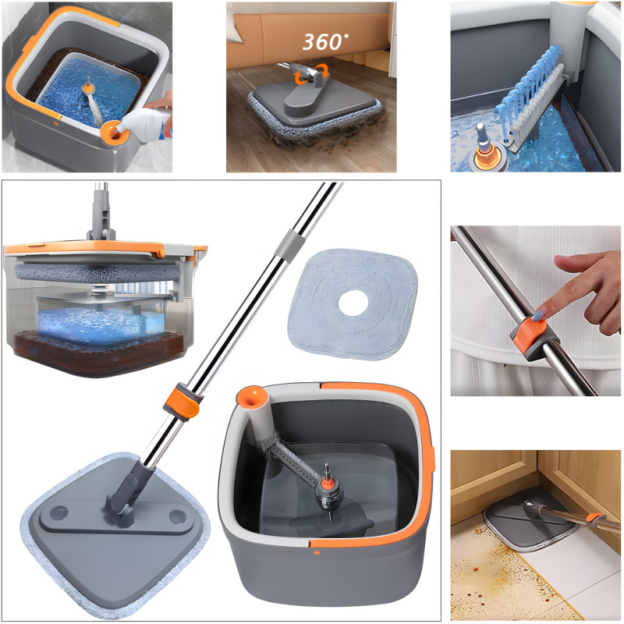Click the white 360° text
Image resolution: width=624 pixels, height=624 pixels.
(324, 42)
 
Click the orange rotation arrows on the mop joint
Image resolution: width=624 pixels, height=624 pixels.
(310, 74)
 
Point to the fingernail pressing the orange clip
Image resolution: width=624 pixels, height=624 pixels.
(537, 317)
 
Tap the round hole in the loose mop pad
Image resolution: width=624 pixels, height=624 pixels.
(353, 303)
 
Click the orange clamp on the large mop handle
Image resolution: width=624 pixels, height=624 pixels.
(183, 402)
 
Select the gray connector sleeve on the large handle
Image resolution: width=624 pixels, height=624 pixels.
(289, 245)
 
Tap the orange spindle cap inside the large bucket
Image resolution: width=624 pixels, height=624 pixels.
(327, 483)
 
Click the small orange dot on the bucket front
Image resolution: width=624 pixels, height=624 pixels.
(317, 553)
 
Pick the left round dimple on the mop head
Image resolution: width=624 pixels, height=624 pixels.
(59, 513)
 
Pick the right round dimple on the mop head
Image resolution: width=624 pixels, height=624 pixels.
(177, 516)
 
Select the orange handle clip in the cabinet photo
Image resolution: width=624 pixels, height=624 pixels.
(596, 517)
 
